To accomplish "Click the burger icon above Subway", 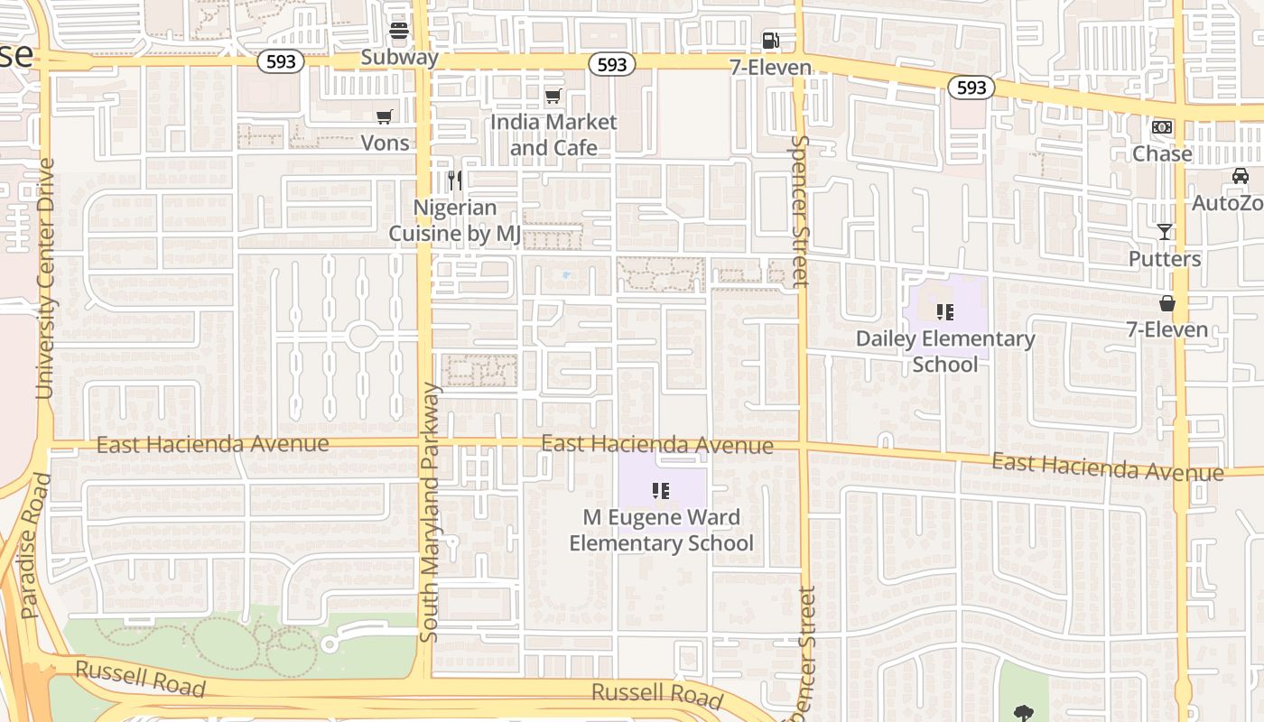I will [399, 32].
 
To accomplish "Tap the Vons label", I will [385, 143].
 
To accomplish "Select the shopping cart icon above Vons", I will [385, 116].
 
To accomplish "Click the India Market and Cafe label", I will [553, 134].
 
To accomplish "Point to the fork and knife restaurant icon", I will [455, 180].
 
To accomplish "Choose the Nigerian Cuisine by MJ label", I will [455, 221].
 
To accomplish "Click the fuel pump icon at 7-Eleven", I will [770, 40].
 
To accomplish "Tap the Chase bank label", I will [1162, 153].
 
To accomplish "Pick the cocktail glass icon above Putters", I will [1165, 232].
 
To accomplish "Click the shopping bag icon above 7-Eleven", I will [1167, 303].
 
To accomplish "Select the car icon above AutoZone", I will [1241, 176].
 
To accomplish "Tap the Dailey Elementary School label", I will [945, 351].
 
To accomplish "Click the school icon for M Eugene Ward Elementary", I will [661, 491].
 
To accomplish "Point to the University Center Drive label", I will [46, 279].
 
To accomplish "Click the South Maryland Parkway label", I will [431, 513].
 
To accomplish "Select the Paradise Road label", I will [33, 546].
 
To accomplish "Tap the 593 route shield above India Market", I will [612, 64].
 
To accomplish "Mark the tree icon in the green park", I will [1023, 713].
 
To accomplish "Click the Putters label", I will [1165, 259].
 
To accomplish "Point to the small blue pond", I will [566, 275].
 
